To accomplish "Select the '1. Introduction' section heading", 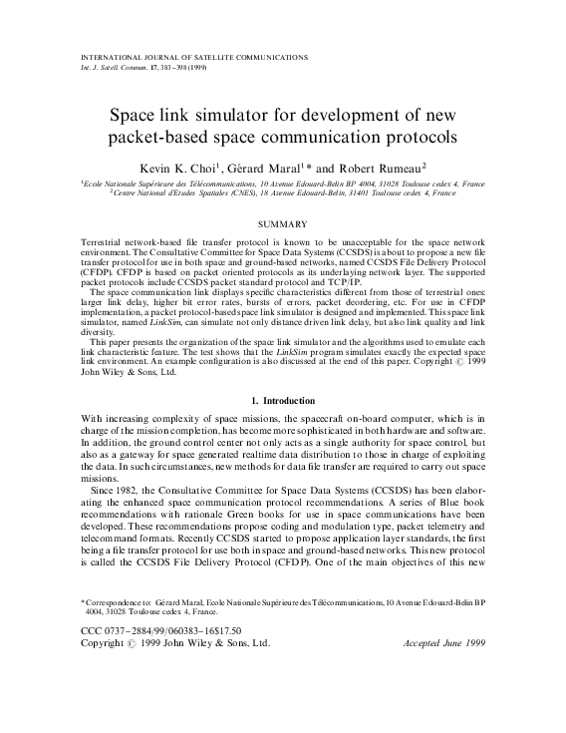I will coord(282,399).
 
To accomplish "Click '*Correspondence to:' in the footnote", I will coord(118,603).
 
